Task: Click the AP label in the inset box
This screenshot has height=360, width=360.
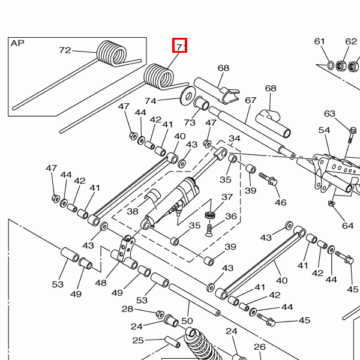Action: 17,43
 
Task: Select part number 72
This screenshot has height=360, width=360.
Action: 65,50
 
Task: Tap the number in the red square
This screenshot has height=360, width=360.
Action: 181,47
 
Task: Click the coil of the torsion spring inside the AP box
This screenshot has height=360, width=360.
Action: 112,53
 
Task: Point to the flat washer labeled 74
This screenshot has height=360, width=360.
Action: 187,96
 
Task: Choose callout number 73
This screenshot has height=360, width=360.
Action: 190,122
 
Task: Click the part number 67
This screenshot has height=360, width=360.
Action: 250,100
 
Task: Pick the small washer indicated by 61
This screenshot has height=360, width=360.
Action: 331,65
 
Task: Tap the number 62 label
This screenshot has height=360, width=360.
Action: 351,41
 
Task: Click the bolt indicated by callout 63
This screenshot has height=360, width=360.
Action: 351,135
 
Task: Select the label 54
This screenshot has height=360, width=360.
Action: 324,130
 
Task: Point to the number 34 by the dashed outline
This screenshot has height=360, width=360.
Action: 235,139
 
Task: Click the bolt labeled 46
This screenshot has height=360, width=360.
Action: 268,179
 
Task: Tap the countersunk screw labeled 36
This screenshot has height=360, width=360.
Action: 209,230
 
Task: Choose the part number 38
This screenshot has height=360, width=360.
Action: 133,211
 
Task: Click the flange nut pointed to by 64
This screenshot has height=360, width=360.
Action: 331,203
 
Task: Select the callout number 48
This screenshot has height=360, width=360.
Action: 101,283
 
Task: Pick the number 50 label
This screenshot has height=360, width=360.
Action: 187,321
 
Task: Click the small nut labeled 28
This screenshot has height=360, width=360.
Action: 160,314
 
